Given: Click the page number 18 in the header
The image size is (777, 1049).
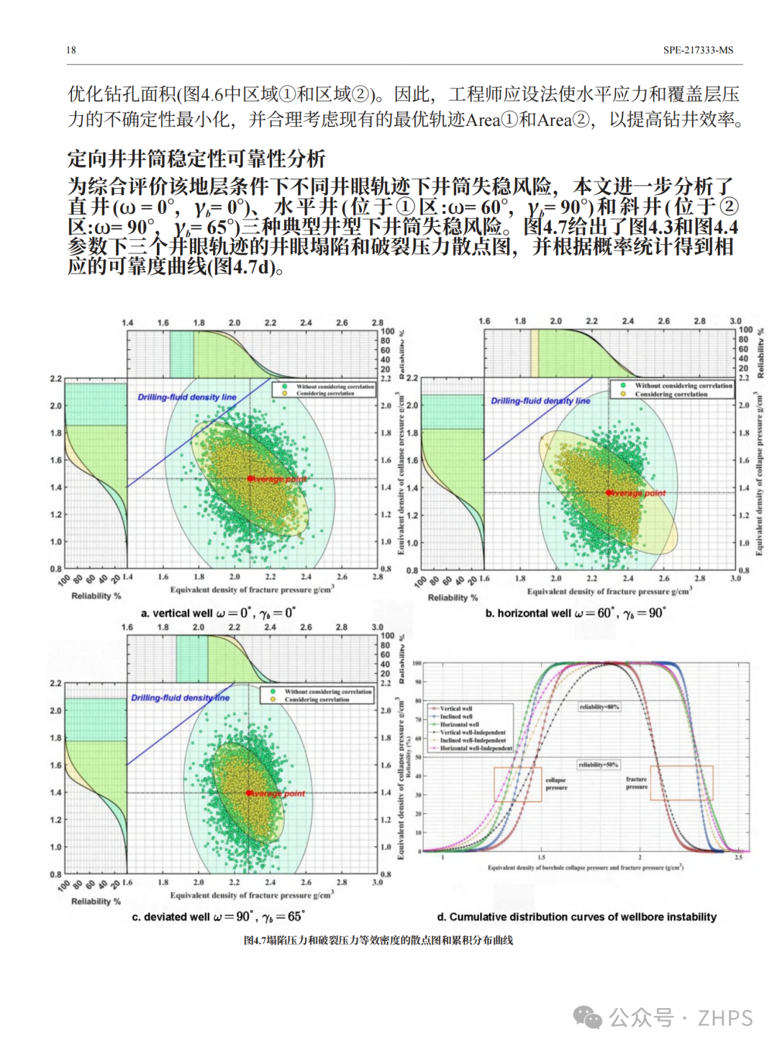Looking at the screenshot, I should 71,50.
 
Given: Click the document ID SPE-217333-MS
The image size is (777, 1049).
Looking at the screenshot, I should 698,50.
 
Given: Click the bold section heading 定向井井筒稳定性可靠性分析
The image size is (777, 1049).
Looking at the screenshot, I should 196,158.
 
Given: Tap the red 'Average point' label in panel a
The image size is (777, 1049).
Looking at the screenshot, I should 279,479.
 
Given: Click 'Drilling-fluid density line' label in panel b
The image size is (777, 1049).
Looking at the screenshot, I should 540,401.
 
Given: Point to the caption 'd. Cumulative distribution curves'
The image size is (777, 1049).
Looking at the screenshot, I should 576,917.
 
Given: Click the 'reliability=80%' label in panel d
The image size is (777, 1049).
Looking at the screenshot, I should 599,707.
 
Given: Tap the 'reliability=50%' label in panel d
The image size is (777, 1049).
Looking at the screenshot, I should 598,765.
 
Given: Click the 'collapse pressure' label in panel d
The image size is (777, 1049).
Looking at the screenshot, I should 556,783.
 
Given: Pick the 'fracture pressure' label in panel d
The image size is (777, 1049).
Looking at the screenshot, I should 637,783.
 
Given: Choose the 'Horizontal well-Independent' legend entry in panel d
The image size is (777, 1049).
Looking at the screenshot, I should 476,748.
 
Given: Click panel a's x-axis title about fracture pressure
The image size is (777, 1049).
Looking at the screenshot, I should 252,590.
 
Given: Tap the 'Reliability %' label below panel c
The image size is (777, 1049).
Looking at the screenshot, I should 96,901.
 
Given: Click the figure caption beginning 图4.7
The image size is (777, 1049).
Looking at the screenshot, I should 378,940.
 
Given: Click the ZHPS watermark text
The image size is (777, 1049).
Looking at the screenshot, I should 725,1018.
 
